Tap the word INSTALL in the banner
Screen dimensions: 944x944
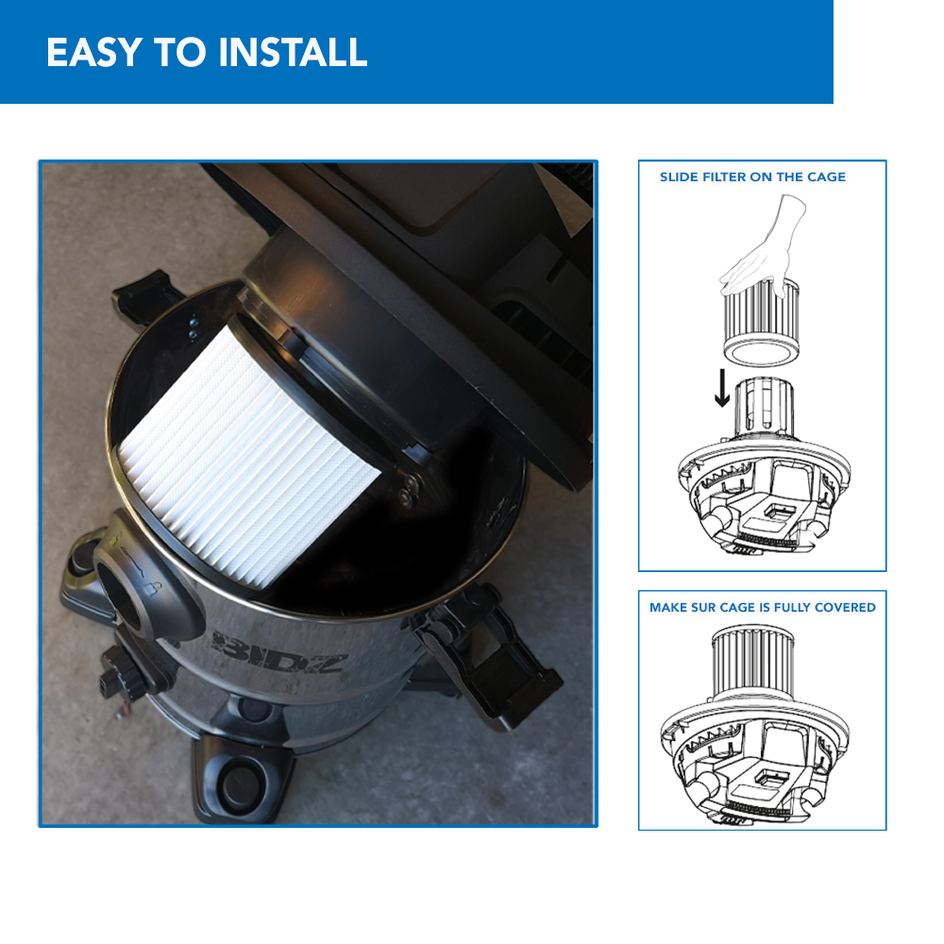[x=293, y=53]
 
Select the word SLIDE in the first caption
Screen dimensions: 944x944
[x=677, y=177]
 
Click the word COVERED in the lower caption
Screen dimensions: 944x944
[x=844, y=607]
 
